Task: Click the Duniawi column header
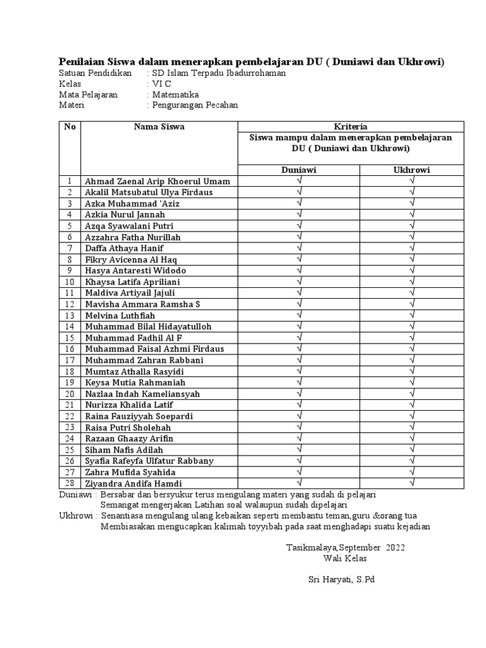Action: coord(299,170)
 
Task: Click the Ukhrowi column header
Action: coord(412,170)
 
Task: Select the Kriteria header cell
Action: coord(350,127)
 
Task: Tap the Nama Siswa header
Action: coord(159,127)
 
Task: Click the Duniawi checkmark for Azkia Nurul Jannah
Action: coord(299,214)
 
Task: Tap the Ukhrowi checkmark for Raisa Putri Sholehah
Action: coord(412,427)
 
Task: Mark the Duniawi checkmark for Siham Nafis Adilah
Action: coord(299,449)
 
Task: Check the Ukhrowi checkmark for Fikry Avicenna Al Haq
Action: coord(412,259)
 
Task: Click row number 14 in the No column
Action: coord(70,327)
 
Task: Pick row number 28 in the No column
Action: coord(70,483)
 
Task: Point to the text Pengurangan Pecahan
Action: coord(194,105)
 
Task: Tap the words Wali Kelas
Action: coord(345,558)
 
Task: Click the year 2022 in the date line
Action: coord(393,547)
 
